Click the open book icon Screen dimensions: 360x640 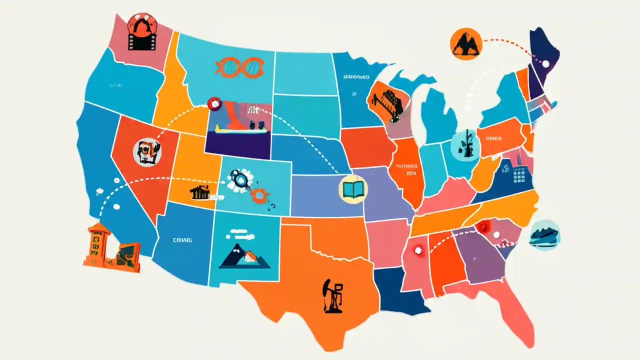coord(353,189)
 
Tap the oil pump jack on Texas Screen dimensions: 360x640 coord(333,296)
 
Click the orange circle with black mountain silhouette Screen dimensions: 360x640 coord(466,43)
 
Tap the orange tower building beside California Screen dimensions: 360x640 coord(98,244)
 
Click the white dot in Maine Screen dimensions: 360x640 coord(545,63)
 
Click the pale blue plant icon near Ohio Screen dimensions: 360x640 coord(464,145)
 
